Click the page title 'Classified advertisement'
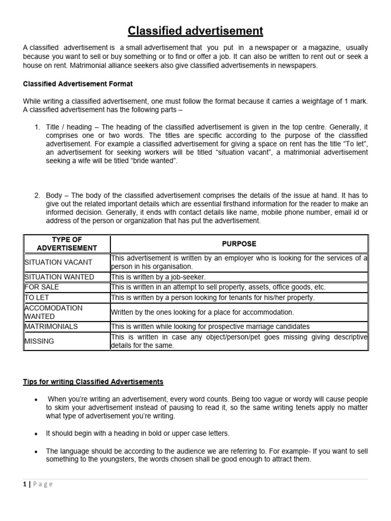click(x=195, y=31)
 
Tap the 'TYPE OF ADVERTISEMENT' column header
click(x=67, y=244)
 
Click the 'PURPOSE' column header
click(x=239, y=244)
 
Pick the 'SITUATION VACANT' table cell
click(x=59, y=262)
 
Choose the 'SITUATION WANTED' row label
click(x=60, y=277)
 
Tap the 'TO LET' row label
click(x=37, y=297)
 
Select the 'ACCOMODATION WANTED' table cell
click(x=53, y=312)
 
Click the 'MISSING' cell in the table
click(x=39, y=341)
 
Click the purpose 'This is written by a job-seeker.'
click(x=158, y=277)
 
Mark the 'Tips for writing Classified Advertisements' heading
click(x=93, y=382)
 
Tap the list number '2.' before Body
click(x=37, y=195)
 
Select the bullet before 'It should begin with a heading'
click(x=36, y=434)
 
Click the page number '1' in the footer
click(x=25, y=484)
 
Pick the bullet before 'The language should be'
click(x=36, y=452)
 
